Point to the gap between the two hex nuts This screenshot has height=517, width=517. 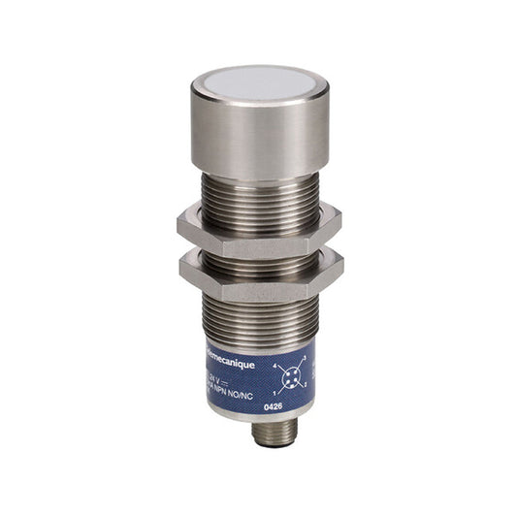(258, 249)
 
